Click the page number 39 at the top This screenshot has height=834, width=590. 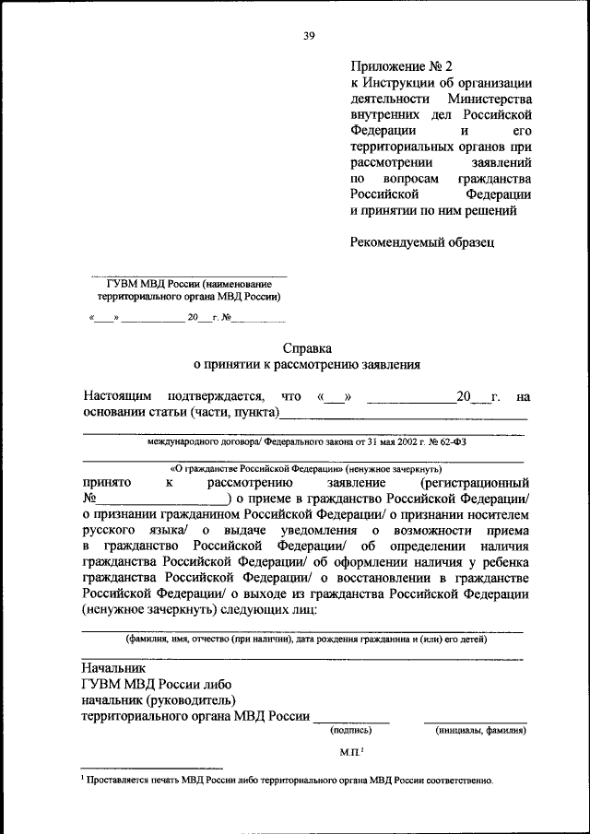pyautogui.click(x=309, y=36)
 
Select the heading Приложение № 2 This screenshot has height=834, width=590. pyautogui.click(x=402, y=65)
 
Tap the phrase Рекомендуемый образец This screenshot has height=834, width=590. pyautogui.click(x=422, y=242)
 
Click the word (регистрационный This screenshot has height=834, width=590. pyautogui.click(x=476, y=482)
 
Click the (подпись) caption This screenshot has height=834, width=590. pyautogui.click(x=350, y=731)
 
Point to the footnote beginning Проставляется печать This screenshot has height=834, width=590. pyautogui.click(x=288, y=780)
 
